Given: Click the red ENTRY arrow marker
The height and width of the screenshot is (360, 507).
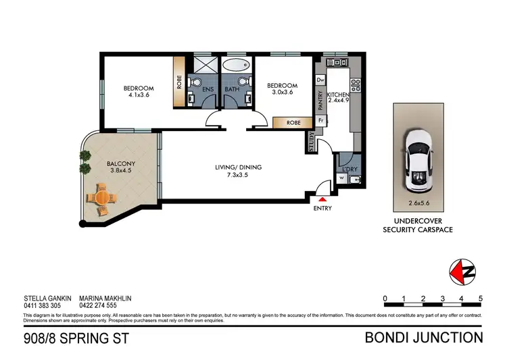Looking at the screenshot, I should (x=322, y=199).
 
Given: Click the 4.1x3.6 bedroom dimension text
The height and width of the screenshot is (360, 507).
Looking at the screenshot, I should (x=138, y=95).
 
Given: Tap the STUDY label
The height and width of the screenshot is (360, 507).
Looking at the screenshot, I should (x=310, y=143).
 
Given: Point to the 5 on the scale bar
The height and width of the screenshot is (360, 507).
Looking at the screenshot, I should (x=480, y=298).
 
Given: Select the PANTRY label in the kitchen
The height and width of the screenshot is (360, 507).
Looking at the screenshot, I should (x=320, y=100).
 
